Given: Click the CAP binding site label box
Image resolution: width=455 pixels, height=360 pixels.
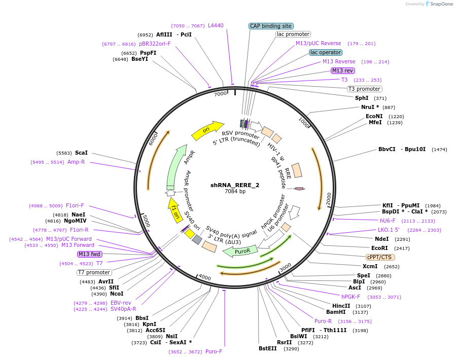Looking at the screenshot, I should (271, 26).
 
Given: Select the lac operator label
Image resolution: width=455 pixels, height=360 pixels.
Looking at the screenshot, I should (326, 52).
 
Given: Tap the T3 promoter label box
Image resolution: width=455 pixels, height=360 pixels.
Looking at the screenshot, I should (364, 89).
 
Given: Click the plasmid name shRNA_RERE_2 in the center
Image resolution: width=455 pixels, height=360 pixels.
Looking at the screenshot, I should (235, 185).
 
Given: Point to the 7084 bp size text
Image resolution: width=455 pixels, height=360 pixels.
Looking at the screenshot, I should (235, 192).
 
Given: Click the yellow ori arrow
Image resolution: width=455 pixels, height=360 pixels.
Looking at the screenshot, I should (207, 130).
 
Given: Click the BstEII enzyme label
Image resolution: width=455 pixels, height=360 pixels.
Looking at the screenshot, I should (268, 348).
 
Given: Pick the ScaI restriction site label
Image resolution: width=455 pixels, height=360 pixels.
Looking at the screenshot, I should (81, 153).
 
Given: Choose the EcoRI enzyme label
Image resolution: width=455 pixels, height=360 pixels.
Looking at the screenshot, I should (379, 248).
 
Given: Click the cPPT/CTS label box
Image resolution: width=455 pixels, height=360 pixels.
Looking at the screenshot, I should (380, 257).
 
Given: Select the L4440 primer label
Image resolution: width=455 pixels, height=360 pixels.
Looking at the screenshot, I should (216, 25).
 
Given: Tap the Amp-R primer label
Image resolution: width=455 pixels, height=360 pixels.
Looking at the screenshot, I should (76, 162).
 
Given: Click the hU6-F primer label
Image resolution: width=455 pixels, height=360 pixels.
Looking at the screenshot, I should (388, 221).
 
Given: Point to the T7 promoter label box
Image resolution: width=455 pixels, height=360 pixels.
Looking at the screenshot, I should (94, 272).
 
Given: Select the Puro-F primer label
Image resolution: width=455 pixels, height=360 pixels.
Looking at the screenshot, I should (214, 351).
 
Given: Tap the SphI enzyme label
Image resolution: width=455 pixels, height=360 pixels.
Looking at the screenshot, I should (362, 98).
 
